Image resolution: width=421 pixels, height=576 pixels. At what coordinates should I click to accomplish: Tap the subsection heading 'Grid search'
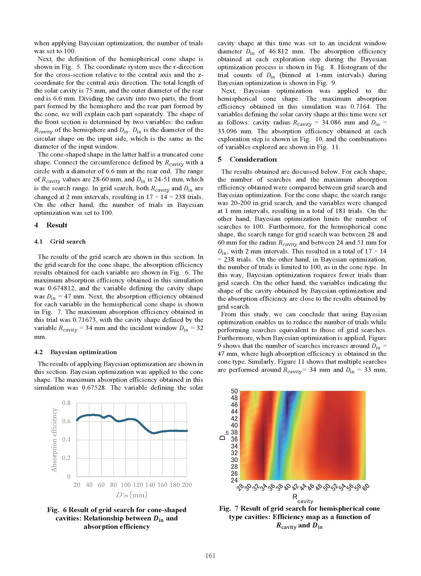(68, 241)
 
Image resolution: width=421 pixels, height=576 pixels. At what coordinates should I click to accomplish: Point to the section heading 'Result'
(56, 225)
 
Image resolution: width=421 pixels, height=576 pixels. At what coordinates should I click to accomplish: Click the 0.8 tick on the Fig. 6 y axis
(66, 403)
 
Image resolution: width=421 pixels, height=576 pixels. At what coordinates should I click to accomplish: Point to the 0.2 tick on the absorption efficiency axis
(66, 458)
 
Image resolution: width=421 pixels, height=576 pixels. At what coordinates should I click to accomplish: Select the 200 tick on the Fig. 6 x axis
(187, 484)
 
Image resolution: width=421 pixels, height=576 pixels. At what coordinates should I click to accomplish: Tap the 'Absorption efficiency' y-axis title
(54, 440)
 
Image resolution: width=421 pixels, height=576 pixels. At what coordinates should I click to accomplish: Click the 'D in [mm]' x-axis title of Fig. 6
(131, 495)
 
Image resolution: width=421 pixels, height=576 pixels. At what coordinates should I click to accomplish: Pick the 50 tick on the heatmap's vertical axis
(234, 391)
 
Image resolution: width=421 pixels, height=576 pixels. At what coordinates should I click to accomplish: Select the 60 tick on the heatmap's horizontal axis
(366, 487)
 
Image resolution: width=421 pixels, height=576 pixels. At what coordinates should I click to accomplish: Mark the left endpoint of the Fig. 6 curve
(77, 420)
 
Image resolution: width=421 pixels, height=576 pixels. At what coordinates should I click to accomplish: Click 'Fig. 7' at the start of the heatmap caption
(229, 508)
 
